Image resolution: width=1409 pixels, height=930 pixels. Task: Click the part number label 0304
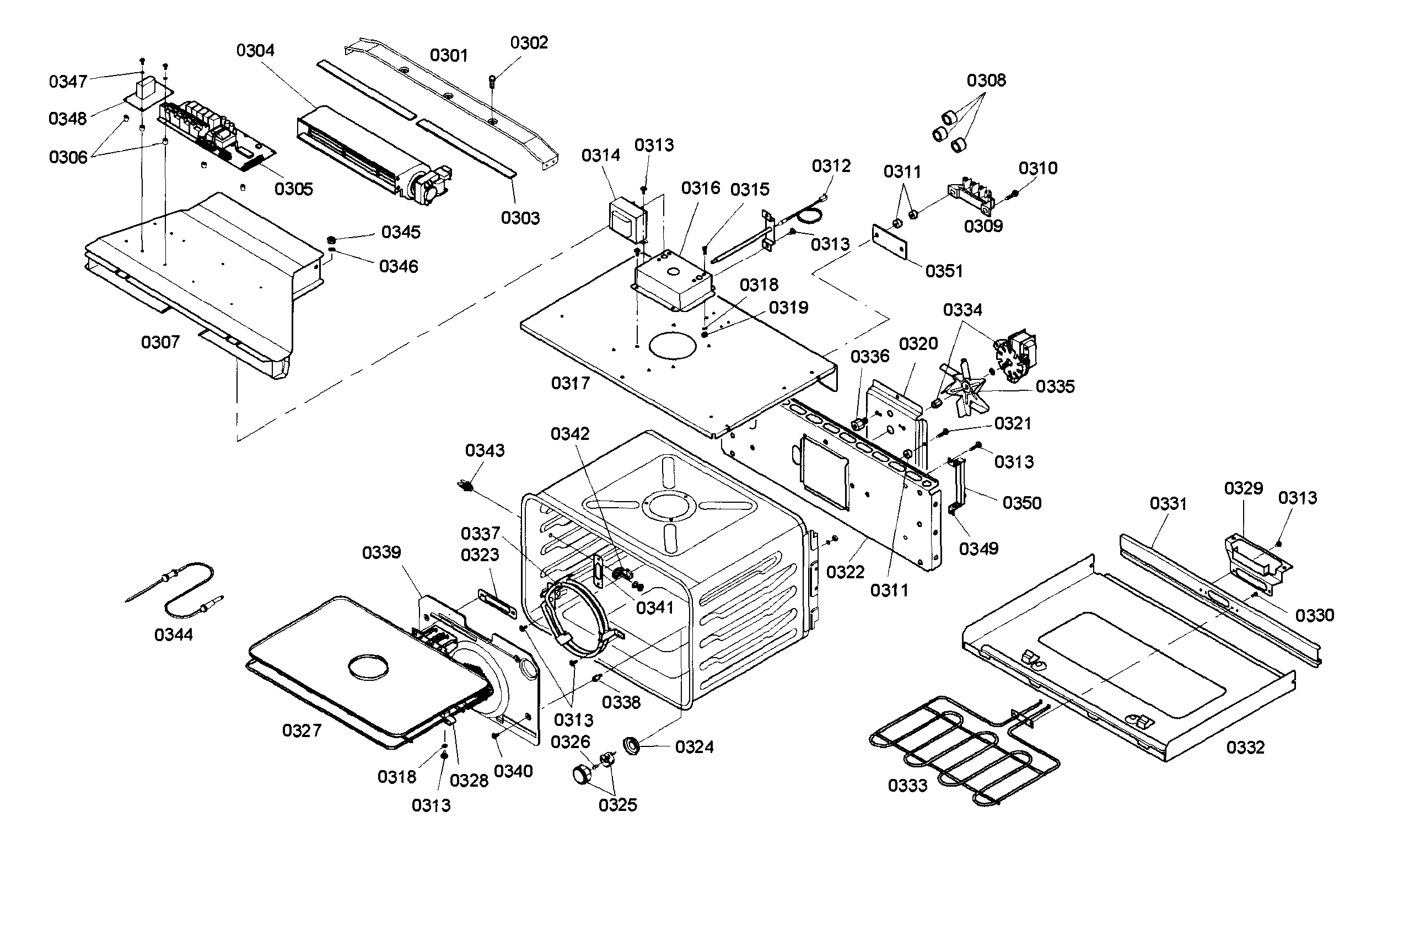point(255,50)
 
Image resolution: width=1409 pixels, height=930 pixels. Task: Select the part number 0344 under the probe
point(173,635)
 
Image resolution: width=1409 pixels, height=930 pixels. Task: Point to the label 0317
point(571,383)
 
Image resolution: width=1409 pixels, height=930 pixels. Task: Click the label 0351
point(944,271)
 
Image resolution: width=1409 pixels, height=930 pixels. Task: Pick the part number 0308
point(986,80)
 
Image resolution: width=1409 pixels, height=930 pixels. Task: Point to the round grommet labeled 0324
point(631,745)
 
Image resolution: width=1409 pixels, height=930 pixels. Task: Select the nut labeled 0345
point(332,240)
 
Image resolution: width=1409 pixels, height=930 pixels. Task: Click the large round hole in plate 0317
point(673,345)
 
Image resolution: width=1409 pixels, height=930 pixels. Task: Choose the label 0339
point(381,553)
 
